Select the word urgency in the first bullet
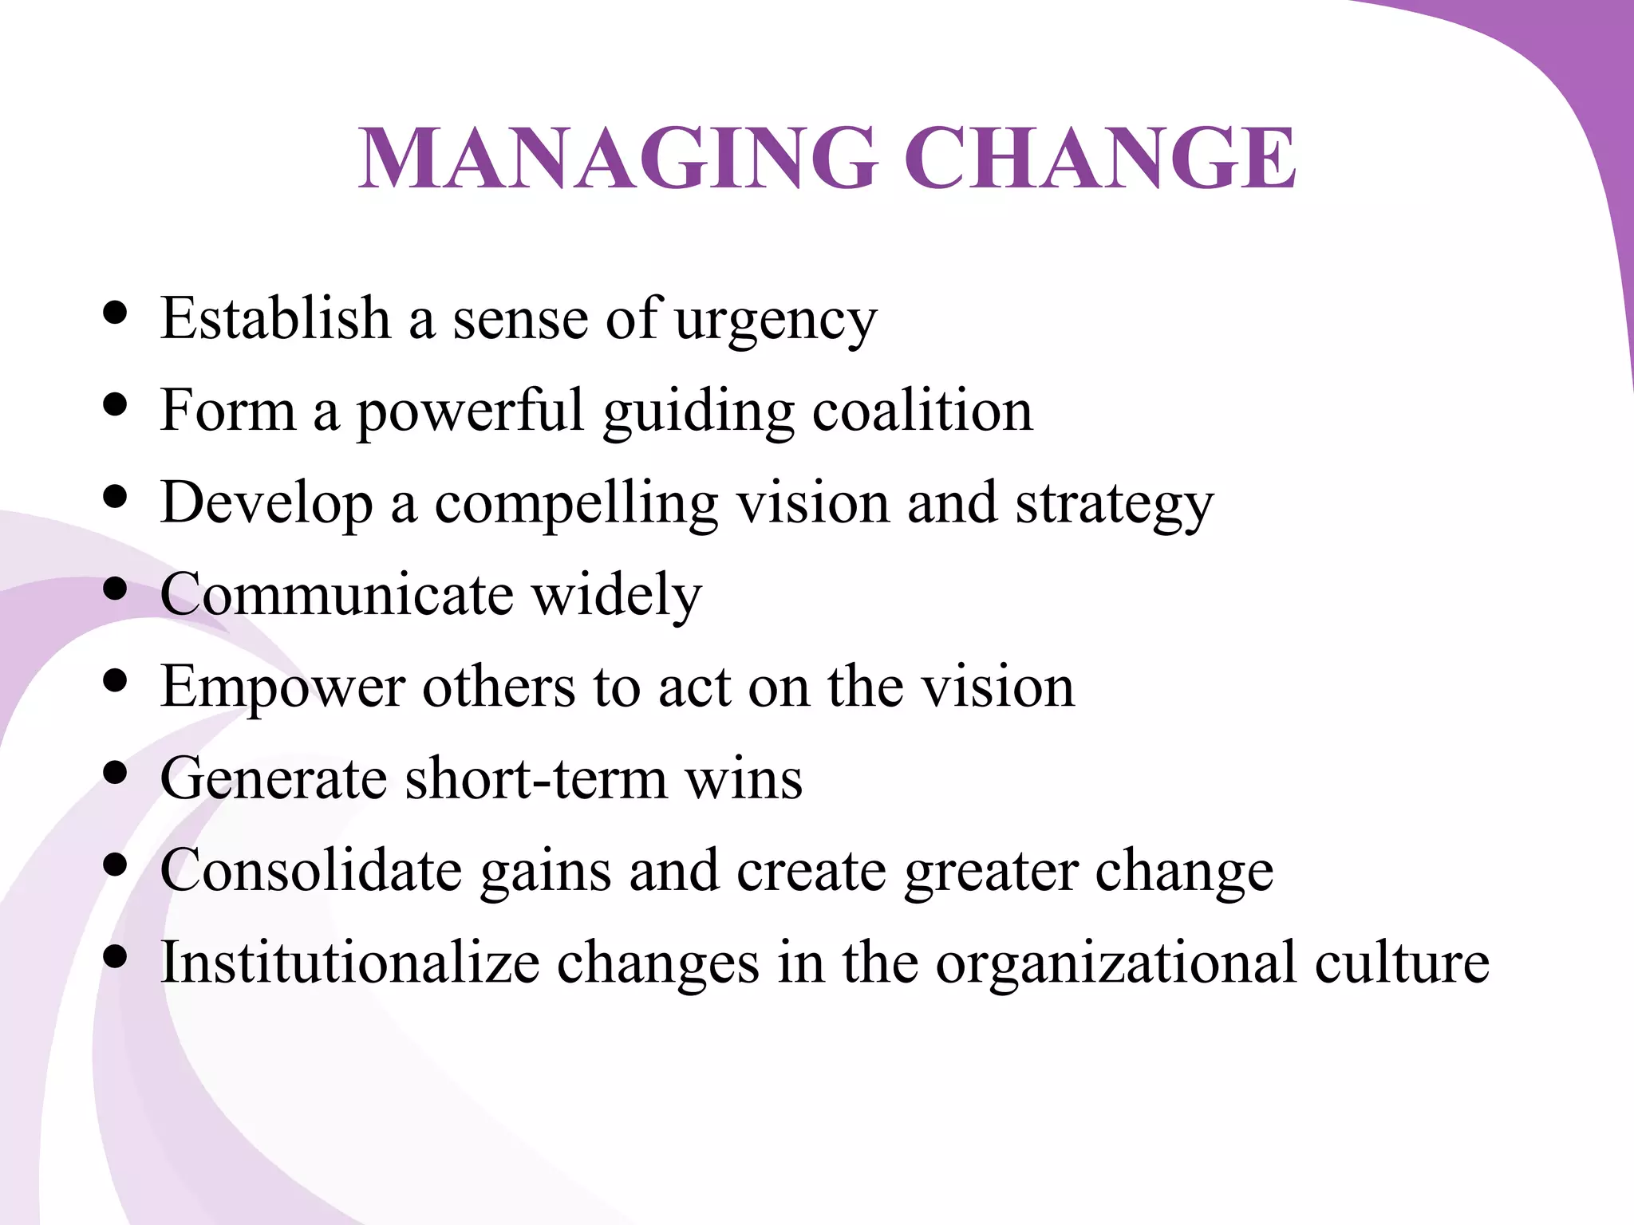[x=776, y=321]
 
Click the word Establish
[x=276, y=318]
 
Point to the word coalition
[x=922, y=411]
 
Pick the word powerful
[x=470, y=412]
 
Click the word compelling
[x=575, y=505]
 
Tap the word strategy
[x=1114, y=505]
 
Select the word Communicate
[x=337, y=594]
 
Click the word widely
[x=617, y=596]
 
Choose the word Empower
[x=282, y=688]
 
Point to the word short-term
[x=536, y=778]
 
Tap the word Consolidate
[x=311, y=870]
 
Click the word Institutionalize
[x=350, y=963]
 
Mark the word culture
[x=1402, y=963]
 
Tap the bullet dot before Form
[x=116, y=404]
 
